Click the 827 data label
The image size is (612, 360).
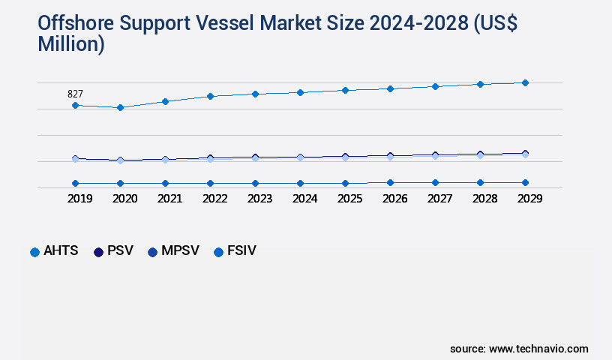75,94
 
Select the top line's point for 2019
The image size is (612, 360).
75,106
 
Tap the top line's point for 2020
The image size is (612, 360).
120,108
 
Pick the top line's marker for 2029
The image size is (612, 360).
525,82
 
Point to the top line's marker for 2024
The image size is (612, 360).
300,92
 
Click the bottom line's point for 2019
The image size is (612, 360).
75,183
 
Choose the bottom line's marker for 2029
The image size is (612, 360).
525,182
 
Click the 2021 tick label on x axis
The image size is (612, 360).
169,199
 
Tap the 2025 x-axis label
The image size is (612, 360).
349,199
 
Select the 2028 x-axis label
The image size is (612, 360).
484,199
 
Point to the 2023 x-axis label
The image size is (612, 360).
259,199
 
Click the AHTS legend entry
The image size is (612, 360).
54,251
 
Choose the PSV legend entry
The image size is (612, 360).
113,251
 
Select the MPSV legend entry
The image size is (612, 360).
174,251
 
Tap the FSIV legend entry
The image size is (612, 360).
235,251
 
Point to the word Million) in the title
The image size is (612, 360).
71,44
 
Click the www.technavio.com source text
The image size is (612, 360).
538,349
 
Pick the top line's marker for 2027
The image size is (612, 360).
435,86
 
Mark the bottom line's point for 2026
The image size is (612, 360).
390,182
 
